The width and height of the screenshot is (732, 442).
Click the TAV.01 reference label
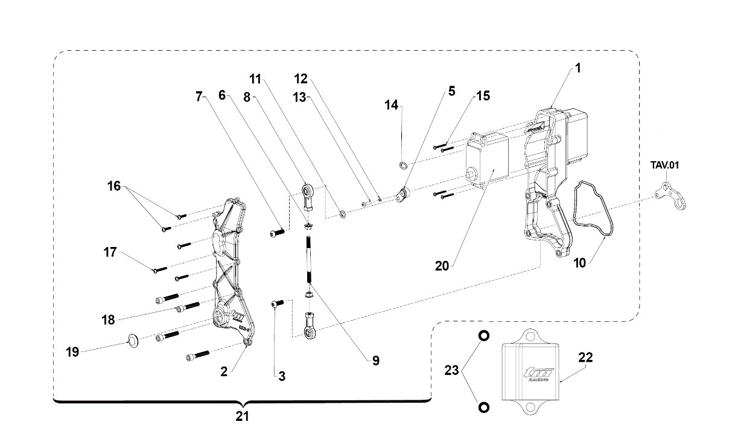click(664, 165)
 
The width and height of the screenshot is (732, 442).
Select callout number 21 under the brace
click(242, 417)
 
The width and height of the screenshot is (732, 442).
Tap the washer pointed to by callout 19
click(133, 341)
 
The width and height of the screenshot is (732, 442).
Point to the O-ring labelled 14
click(404, 165)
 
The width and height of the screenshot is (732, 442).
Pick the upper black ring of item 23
click(484, 336)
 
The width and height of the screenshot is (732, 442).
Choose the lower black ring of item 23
click(484, 408)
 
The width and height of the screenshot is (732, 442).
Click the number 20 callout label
click(442, 266)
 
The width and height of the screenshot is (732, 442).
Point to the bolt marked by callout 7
click(278, 232)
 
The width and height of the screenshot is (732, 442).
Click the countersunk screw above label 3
click(278, 304)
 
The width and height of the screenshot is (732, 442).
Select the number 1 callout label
click(578, 68)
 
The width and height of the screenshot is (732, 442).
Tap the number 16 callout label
click(114, 186)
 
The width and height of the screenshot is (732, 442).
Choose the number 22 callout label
click(585, 357)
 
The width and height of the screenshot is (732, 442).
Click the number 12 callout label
click(301, 78)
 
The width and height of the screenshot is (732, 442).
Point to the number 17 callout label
click(110, 252)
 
